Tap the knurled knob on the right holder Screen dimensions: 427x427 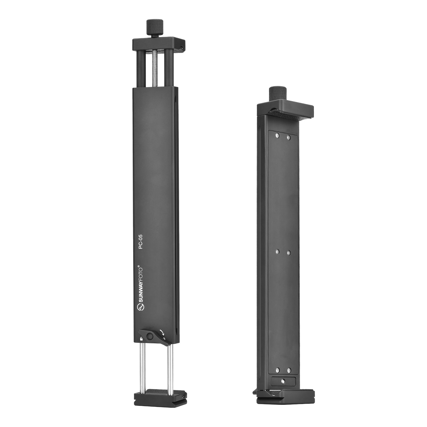(277, 93)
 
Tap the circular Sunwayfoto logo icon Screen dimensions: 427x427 (140, 308)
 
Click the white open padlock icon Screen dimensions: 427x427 (141, 339)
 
